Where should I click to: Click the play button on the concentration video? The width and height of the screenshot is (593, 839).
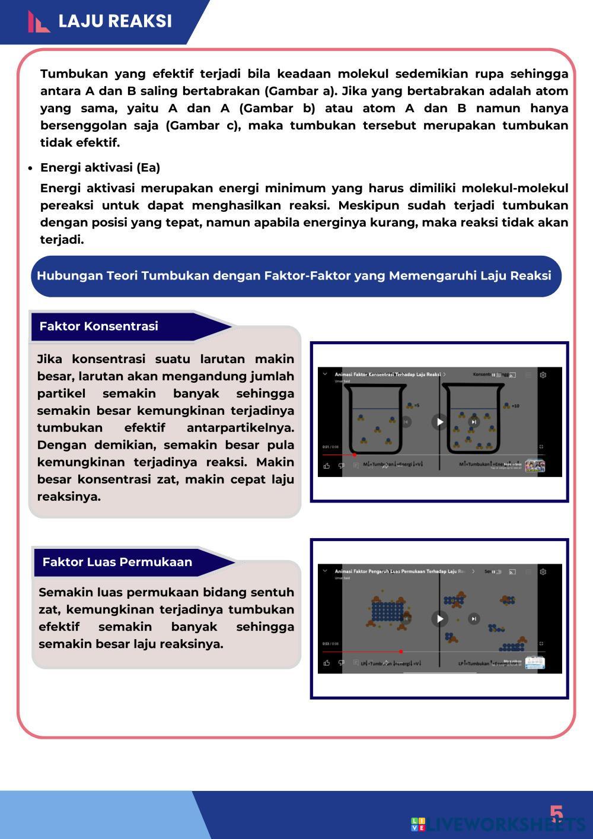pos(439,422)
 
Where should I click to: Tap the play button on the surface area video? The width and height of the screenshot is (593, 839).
pos(439,619)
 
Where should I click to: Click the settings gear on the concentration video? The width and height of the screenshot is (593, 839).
pos(543,374)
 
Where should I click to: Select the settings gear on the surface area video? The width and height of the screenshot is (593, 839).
pos(543,571)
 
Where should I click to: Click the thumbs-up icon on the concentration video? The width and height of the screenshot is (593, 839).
pos(327,466)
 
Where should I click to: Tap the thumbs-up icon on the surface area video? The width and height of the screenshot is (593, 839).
pos(327,663)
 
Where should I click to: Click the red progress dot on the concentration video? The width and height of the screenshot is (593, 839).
pos(354,455)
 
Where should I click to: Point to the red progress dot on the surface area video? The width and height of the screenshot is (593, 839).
pos(401,652)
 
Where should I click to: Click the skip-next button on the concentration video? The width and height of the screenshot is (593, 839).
pos(474,422)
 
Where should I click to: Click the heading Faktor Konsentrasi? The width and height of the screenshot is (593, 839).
pos(98,326)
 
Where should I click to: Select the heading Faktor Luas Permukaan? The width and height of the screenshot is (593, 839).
pos(117,562)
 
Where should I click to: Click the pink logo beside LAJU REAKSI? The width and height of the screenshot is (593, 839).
pos(39,22)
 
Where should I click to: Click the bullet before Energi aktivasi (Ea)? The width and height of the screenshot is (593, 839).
pos(30,168)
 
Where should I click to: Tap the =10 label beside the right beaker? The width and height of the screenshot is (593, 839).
pos(515,406)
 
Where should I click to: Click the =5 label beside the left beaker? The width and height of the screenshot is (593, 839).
pos(417,405)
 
